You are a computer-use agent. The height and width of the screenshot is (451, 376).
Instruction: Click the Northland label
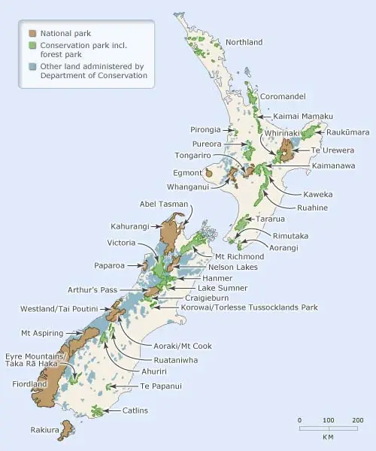pos(245,43)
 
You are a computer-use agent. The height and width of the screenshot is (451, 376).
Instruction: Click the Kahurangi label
pos(132,226)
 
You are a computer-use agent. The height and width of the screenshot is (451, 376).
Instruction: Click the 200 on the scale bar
pos(357,419)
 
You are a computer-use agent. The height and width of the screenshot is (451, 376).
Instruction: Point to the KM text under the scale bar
pos(329,436)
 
